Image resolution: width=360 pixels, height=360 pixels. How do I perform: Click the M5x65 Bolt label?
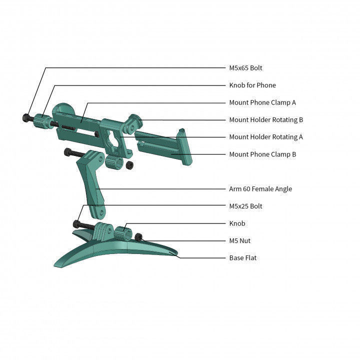[x=245, y=68]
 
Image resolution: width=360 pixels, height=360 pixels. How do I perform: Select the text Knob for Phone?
[x=252, y=85]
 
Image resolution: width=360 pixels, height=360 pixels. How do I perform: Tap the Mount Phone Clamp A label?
[x=262, y=102]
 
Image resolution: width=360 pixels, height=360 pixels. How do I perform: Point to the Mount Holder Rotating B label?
[x=266, y=119]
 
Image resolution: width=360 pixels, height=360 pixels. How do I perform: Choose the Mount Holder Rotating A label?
[x=266, y=137]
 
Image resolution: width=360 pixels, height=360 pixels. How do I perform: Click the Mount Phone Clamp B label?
[x=262, y=154]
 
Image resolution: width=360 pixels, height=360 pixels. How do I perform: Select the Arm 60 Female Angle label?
[x=260, y=189]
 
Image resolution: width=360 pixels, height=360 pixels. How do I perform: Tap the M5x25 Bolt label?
[x=245, y=206]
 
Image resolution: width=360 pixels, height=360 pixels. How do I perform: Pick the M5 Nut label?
[x=239, y=240]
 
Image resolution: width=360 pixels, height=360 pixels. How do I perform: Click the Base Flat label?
[x=243, y=258]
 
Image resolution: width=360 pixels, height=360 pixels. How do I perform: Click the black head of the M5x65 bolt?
[x=26, y=118]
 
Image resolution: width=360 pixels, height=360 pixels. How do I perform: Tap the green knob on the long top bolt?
[x=42, y=121]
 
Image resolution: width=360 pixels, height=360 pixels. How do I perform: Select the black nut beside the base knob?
[x=138, y=237]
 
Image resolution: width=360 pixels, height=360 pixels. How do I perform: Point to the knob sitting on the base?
[x=123, y=233]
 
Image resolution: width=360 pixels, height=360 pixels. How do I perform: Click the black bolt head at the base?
[x=76, y=224]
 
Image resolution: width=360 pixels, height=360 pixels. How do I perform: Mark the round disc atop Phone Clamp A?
[x=63, y=109]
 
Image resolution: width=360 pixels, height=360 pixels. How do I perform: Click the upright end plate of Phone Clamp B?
[x=184, y=147]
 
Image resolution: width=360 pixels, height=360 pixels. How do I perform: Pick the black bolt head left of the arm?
[x=67, y=152]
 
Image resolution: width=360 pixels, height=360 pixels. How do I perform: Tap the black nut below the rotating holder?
[x=129, y=165]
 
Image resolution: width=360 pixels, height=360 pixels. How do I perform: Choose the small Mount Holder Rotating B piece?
[x=133, y=123]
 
